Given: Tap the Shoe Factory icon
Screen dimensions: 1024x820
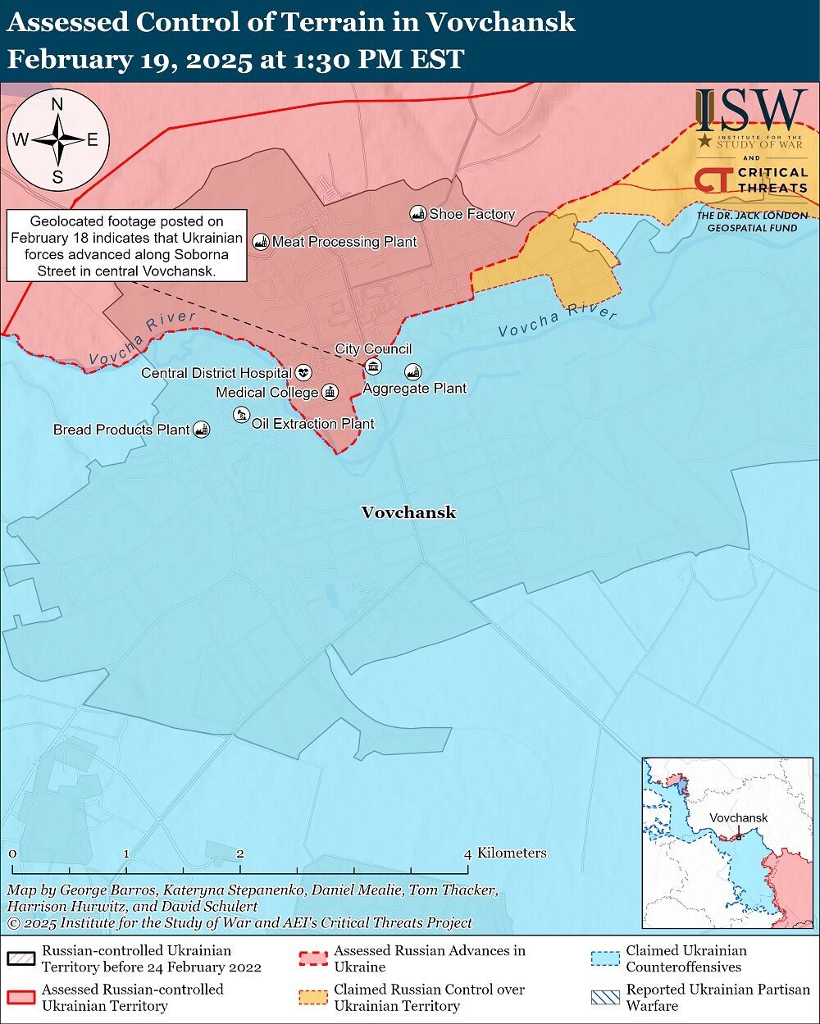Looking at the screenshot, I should (417, 214).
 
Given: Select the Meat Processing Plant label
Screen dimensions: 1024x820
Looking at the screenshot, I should (344, 242).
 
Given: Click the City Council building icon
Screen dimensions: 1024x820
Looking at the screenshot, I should (373, 366).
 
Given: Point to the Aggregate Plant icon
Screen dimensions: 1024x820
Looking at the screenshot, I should (412, 371).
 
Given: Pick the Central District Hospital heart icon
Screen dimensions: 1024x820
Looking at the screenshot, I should (303, 373).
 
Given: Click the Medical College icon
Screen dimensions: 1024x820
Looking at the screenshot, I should (330, 393).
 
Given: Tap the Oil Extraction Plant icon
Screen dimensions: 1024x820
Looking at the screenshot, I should (240, 416).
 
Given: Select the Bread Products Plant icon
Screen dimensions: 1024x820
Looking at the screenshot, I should (201, 429).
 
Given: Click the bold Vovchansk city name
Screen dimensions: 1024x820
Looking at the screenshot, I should (408, 512).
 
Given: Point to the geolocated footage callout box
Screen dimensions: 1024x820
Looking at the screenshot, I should (127, 246).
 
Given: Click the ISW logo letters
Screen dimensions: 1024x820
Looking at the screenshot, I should (751, 110).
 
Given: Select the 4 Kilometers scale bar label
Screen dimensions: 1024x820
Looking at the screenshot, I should (505, 853).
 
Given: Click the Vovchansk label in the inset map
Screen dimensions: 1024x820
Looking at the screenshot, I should (738, 817).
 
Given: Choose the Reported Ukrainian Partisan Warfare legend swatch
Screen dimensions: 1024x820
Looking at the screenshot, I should (605, 998).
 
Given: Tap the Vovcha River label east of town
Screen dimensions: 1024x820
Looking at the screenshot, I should (558, 322).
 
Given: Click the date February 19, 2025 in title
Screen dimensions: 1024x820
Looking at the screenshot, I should (129, 60).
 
